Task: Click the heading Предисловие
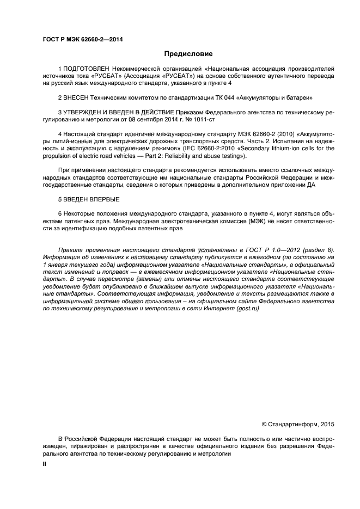[x=188, y=54]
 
